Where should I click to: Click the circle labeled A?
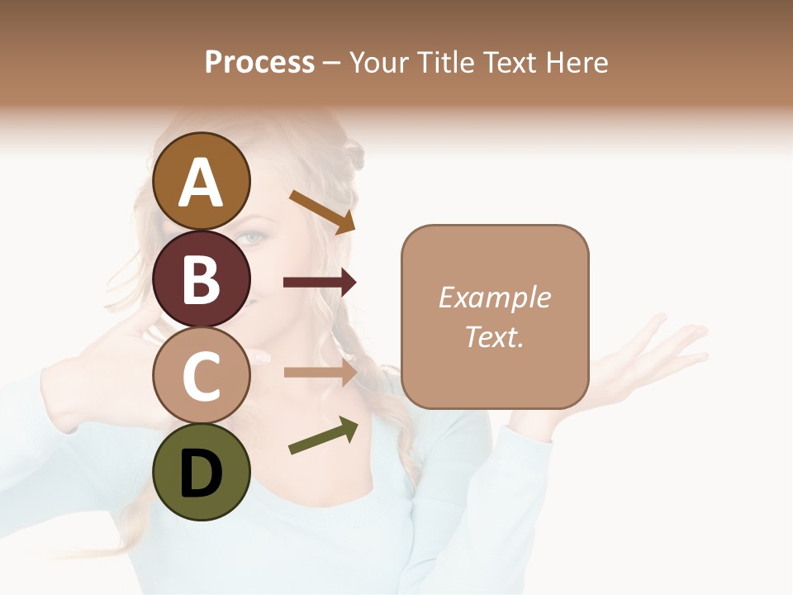point(202,181)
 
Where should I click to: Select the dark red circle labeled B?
point(202,278)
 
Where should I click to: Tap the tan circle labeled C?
point(202,375)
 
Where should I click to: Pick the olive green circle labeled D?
point(202,472)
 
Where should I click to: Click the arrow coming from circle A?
point(322,212)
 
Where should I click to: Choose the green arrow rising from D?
point(323,436)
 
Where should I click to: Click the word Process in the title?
point(259,62)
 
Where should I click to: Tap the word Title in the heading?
point(444,62)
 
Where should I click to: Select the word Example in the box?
point(494,297)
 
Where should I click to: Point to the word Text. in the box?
point(494,336)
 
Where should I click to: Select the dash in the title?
point(331,62)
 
